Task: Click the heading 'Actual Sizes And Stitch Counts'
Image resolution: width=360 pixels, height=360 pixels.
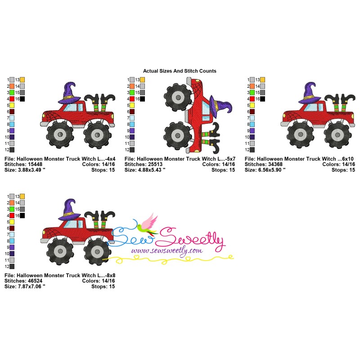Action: [x=180, y=71]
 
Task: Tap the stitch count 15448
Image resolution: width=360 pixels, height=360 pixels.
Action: [x=35, y=164]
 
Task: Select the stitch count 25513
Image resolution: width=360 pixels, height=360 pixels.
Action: [x=155, y=164]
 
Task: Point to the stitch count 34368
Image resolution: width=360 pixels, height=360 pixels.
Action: [x=275, y=164]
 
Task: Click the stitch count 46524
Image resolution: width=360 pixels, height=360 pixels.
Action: [x=35, y=281]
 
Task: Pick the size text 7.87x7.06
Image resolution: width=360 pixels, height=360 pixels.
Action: [x=30, y=287]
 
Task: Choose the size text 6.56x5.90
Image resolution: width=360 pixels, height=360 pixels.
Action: [x=270, y=170]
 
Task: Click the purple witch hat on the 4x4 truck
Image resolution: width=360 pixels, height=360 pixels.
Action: [x=69, y=93]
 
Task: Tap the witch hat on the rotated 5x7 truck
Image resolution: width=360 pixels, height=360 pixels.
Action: [x=220, y=107]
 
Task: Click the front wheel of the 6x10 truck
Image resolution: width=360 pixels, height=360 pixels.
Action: [x=301, y=135]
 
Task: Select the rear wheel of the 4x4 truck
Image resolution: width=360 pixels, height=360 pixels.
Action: [x=97, y=135]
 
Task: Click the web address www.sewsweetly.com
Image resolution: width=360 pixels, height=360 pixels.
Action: [x=167, y=251]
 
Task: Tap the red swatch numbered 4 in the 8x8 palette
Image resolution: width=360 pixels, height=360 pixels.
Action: [x=12, y=216]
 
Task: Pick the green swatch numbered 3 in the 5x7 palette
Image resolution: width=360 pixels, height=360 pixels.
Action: [x=132, y=93]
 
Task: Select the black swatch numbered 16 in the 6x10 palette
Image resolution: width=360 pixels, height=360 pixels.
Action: [x=262, y=99]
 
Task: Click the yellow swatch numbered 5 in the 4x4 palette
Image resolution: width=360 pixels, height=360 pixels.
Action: [x=12, y=105]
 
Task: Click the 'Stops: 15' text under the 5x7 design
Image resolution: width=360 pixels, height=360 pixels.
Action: [x=223, y=170]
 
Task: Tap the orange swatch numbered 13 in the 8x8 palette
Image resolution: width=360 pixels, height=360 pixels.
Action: [x=22, y=197]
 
